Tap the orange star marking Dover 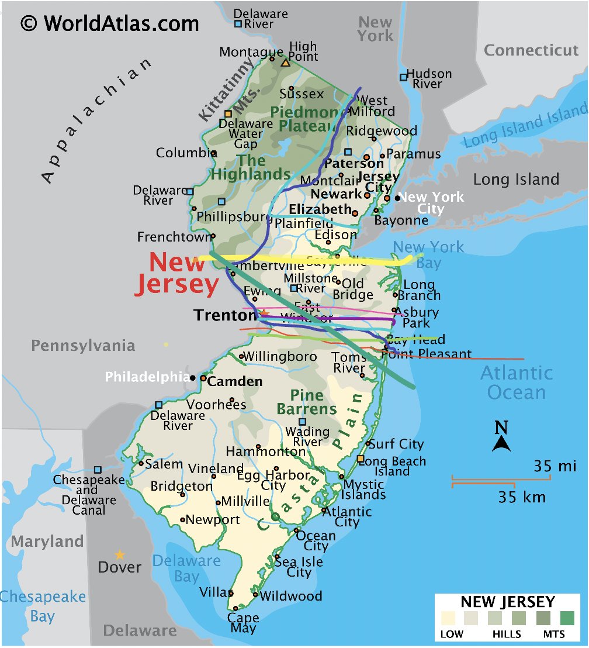[x=120, y=554]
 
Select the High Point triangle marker [x=285, y=63]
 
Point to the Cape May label [x=243, y=623]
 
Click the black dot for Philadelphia [x=193, y=378]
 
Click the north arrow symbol [x=501, y=437]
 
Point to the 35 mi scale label [x=555, y=466]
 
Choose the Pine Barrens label [x=307, y=402]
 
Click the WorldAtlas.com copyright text [x=110, y=23]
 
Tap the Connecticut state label [x=531, y=50]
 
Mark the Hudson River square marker [x=403, y=77]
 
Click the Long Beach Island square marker [x=361, y=459]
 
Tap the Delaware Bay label [x=186, y=568]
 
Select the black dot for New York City [x=397, y=198]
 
